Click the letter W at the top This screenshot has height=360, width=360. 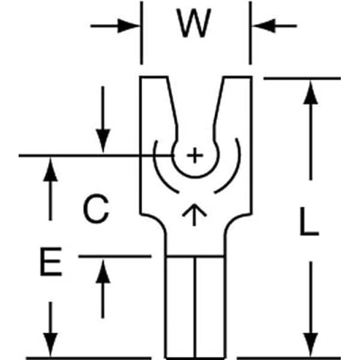(x=196, y=24)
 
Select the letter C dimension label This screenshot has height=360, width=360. (x=95, y=209)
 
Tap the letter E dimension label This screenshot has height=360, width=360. (x=51, y=264)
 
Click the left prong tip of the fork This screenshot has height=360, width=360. (x=154, y=78)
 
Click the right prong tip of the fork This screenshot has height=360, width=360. (x=236, y=78)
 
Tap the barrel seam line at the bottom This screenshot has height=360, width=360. (x=194, y=306)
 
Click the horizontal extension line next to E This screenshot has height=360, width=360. (x=114, y=256)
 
